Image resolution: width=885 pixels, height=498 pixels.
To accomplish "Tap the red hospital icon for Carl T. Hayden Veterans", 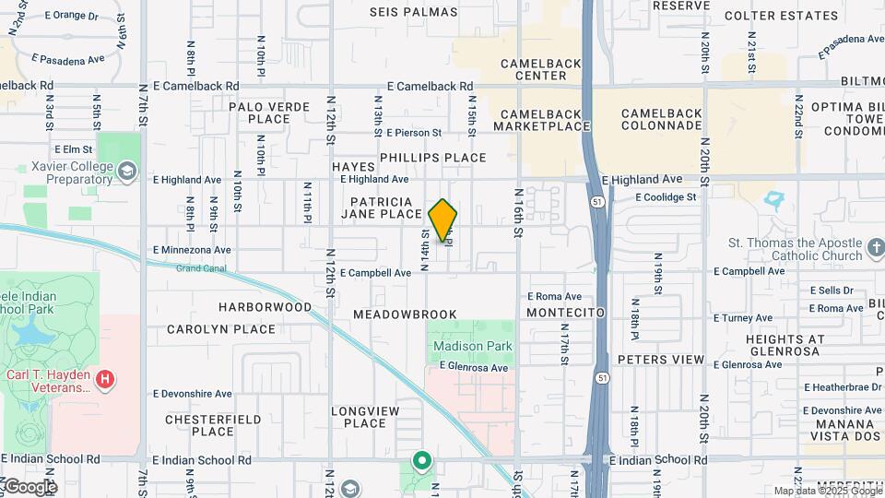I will coord(106,378).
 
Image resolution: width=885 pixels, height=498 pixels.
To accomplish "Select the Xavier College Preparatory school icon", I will coord(127,171).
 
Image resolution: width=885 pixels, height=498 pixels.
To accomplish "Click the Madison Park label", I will coord(472,346).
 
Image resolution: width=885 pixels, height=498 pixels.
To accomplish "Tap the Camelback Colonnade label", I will coord(661,120).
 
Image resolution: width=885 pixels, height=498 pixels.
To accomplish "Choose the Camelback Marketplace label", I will coord(544,120).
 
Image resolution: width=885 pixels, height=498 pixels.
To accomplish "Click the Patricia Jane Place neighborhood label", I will coord(381,207).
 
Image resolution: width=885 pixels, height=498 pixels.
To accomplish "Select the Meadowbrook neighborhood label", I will coord(405,314).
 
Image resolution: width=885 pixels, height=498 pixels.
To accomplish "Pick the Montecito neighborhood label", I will coord(565,313).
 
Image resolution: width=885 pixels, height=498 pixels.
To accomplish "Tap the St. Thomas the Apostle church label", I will coord(796,249).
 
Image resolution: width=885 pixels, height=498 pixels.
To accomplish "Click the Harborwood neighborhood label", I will coord(265,306).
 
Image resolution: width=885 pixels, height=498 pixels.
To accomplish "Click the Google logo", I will coord(29,486).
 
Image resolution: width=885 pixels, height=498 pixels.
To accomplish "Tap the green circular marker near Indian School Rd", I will coord(422,459).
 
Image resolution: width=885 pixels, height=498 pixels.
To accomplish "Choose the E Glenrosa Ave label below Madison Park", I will coord(474,367).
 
